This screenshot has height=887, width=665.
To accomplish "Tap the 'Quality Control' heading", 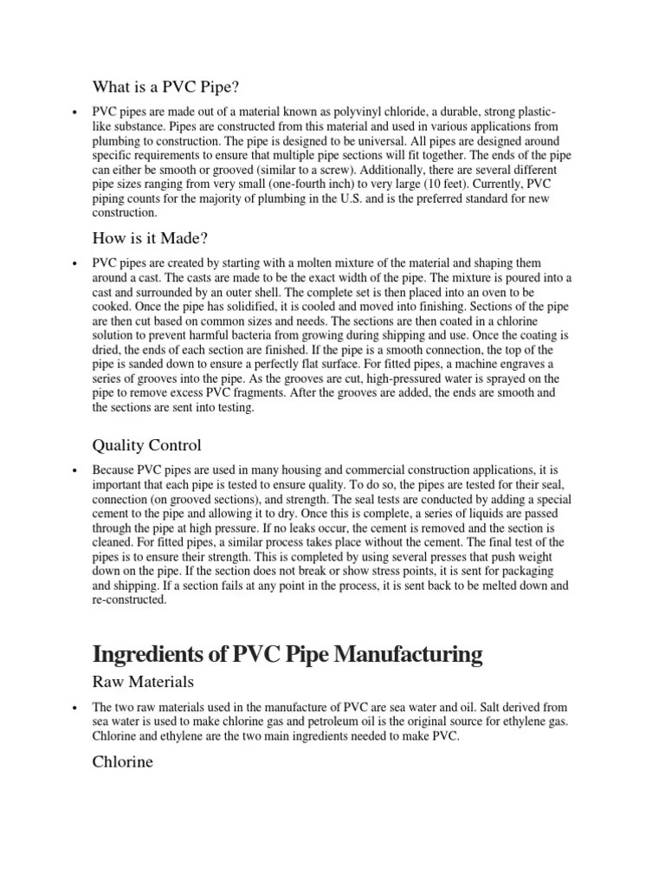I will point(146,445).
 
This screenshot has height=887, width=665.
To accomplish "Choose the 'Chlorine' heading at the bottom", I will point(123,762).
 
